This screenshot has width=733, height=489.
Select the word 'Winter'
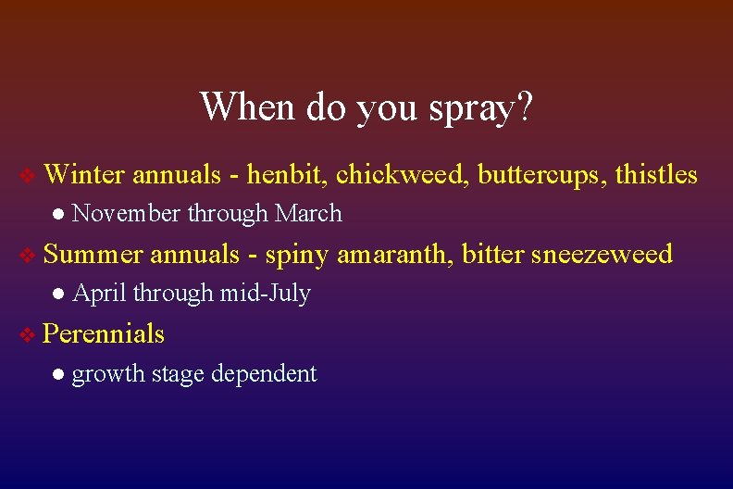pos(83,174)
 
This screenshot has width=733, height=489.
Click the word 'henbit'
pos(287,174)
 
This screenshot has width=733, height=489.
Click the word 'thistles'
pos(656,174)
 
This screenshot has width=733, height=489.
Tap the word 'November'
pos(126,214)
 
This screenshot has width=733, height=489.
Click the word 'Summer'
pos(93,254)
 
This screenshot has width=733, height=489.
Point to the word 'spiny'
pos(296,255)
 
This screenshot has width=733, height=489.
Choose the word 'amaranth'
pos(394,254)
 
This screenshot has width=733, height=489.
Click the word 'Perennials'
pos(104,333)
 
